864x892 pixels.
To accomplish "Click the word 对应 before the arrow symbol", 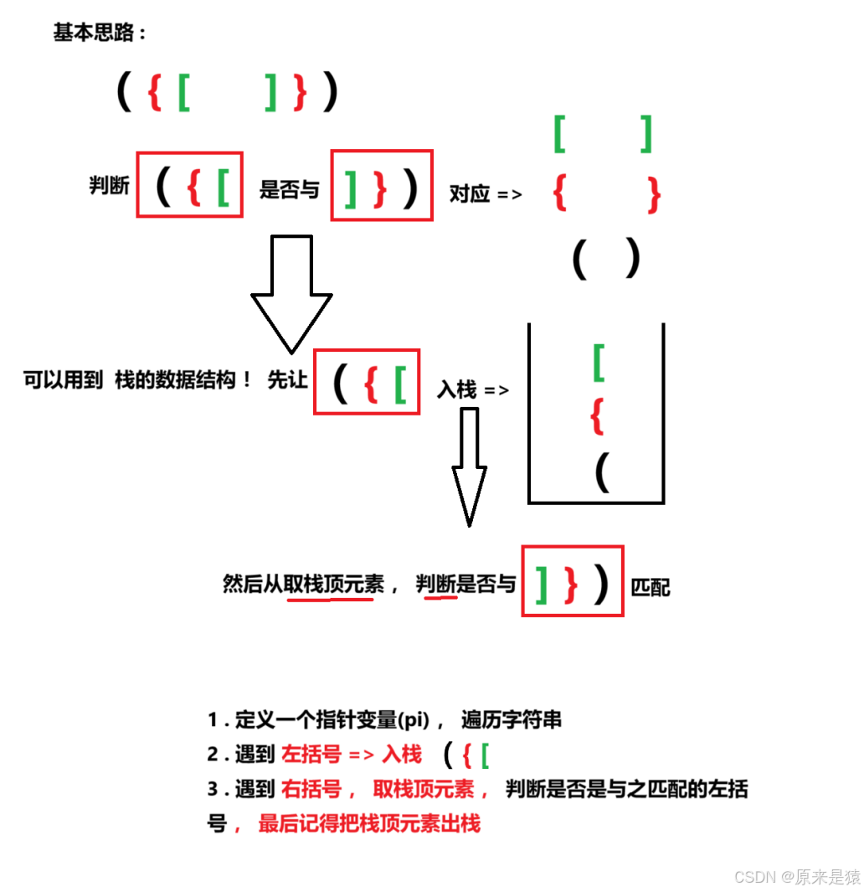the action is (469, 193).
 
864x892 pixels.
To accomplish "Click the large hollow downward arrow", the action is (292, 292).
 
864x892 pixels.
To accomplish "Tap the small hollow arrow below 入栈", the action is (469, 466).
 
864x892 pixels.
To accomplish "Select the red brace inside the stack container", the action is (597, 416).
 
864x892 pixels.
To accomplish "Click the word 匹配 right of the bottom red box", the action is (651, 586).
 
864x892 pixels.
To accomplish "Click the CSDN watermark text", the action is (796, 877).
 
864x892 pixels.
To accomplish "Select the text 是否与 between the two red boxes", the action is (289, 189).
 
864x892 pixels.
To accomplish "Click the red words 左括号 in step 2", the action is (311, 754).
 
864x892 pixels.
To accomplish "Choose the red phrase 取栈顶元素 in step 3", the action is (424, 789).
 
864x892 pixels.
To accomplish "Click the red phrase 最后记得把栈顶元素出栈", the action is (369, 823).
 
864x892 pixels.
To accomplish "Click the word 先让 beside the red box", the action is (287, 380).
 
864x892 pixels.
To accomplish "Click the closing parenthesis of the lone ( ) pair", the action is (632, 259).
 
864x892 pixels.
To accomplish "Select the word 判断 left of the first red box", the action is (110, 185).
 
